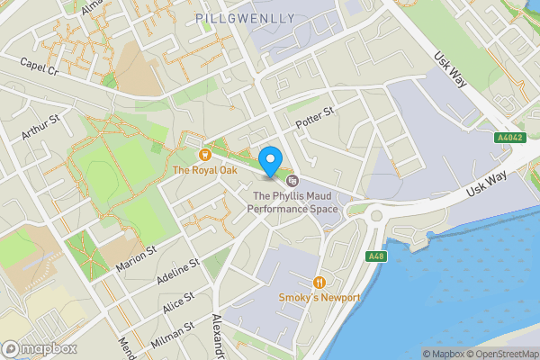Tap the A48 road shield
376,256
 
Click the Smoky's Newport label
319,298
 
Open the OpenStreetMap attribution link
504,354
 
